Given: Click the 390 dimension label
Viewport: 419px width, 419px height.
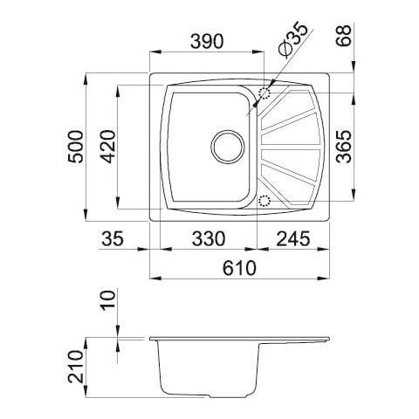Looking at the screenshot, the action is (x=207, y=42).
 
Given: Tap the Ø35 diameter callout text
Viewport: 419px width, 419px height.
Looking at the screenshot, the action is (x=292, y=39).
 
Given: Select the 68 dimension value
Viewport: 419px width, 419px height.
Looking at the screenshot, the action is (x=344, y=36).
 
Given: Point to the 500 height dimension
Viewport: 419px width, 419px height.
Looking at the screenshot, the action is (x=76, y=147).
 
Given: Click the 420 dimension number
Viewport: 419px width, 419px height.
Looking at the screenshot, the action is (x=108, y=147).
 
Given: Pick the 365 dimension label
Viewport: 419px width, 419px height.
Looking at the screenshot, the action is (x=344, y=146).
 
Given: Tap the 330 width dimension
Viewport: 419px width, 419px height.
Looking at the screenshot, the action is (x=209, y=238).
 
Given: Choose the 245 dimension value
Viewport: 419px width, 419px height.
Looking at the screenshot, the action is (x=293, y=238).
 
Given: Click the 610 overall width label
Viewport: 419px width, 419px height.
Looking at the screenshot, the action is (x=239, y=268).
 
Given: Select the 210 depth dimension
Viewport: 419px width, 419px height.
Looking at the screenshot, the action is (x=76, y=367).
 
